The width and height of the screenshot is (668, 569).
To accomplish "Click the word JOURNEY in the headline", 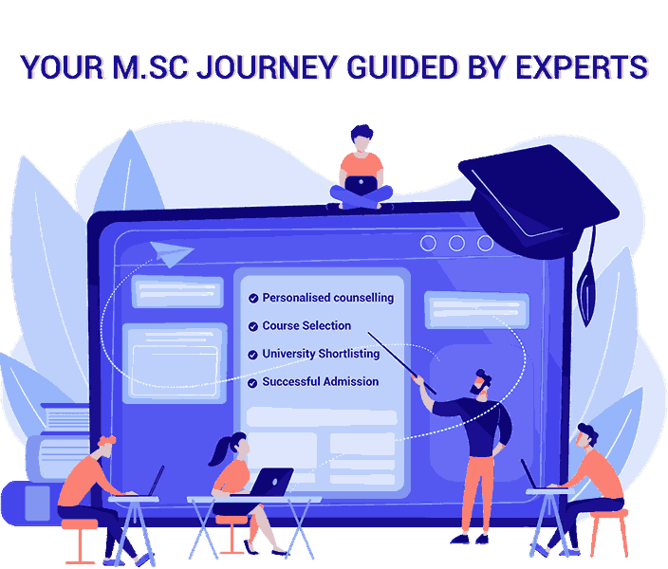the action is coord(268,67).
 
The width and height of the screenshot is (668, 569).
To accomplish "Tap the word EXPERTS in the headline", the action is coord(582,67).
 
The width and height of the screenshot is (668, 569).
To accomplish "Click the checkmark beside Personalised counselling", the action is coord(253,298).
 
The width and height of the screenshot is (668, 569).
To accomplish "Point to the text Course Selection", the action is coord(306,326).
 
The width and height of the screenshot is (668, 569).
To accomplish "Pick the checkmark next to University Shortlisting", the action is coord(253,355).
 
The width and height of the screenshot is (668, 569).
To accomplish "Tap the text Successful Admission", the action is coord(321,381).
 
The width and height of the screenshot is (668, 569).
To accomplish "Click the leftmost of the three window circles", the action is coord(428,243).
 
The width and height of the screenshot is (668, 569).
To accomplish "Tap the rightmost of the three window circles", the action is coord(485,243).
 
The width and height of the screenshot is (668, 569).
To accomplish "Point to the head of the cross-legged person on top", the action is coord(362,138).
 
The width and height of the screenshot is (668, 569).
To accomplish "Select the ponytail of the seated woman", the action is coord(219,451).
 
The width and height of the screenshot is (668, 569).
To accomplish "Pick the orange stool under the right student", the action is coord(609,533).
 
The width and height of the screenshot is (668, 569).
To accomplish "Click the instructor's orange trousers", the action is coord(478,494).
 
